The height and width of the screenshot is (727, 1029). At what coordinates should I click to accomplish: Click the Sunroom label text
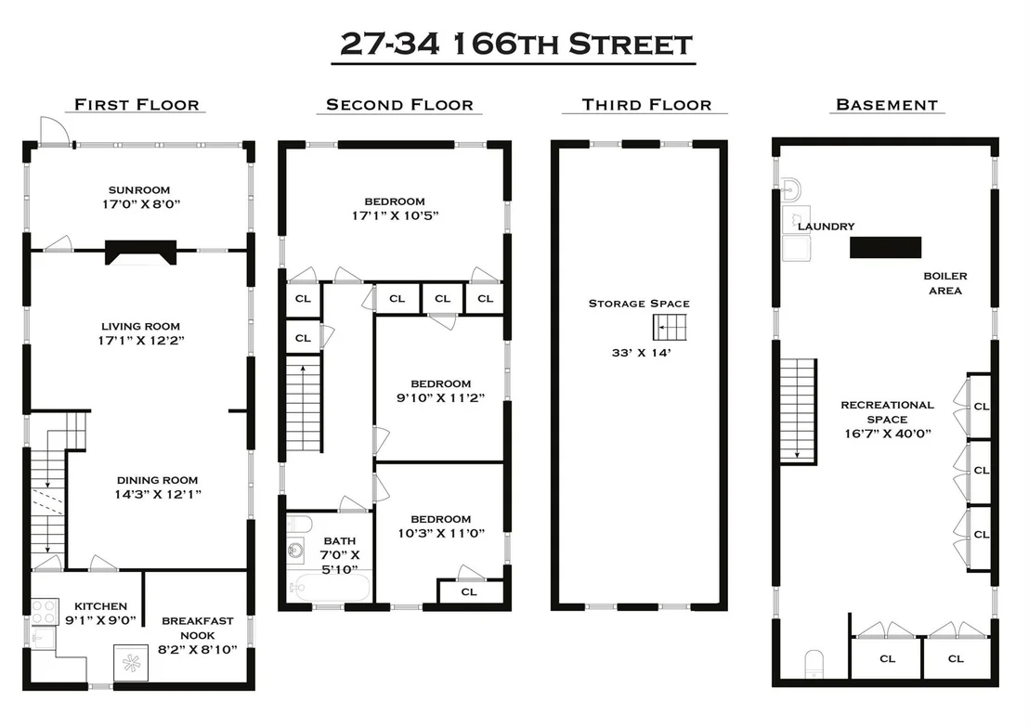(139, 190)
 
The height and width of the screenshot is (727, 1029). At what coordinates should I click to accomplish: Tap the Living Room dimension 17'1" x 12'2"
(141, 340)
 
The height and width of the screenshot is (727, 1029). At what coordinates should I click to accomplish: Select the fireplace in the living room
(141, 253)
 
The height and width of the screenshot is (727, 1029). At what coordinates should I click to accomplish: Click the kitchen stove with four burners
(45, 612)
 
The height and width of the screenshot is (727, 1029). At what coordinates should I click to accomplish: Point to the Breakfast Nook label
(198, 628)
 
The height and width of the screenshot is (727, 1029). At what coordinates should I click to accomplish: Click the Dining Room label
(158, 480)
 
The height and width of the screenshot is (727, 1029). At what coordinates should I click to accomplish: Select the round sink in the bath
(296, 550)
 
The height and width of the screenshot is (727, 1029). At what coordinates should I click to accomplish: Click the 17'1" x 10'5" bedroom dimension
(395, 215)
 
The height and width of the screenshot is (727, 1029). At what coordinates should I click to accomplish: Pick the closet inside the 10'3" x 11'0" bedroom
(469, 591)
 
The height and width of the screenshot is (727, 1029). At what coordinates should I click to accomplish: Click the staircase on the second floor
(303, 403)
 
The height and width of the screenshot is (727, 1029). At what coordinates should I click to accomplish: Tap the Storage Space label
(639, 303)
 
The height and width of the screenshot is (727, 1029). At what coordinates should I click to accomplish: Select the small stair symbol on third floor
(670, 327)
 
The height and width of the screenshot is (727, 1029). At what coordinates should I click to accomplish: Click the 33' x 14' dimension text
(641, 352)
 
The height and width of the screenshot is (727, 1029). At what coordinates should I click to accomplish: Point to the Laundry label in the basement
(827, 227)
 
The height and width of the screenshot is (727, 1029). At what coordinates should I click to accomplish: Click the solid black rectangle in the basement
(885, 247)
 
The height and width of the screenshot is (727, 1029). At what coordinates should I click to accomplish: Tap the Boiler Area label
(945, 283)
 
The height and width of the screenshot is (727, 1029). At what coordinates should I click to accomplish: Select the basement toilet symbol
(814, 664)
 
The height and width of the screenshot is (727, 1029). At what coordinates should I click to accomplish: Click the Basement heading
(887, 105)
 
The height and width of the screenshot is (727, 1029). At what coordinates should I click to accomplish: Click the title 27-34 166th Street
(515, 44)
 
